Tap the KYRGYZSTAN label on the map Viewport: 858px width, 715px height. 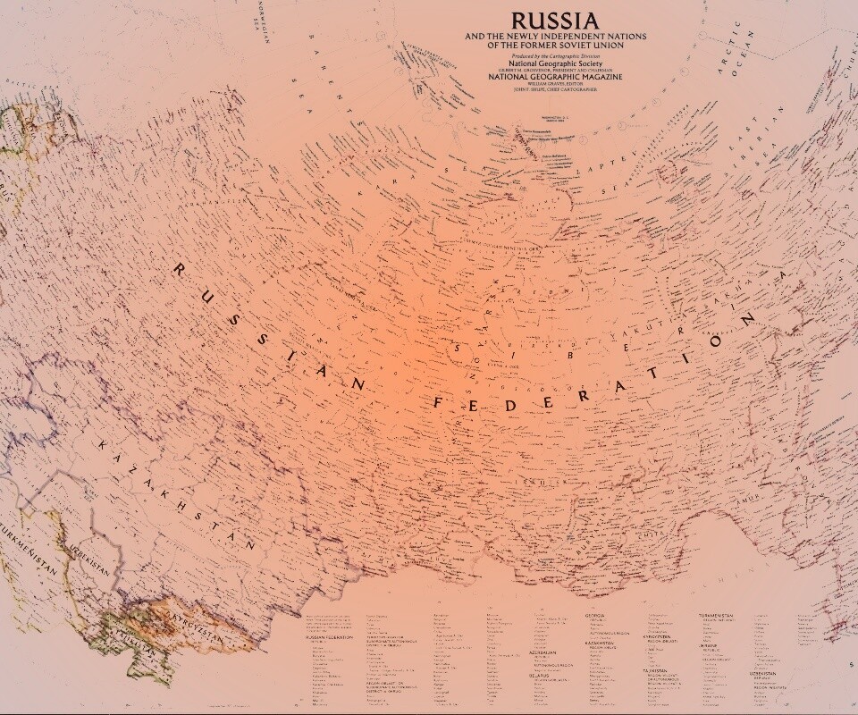coord(186,622)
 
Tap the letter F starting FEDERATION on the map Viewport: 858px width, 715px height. coord(439,402)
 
